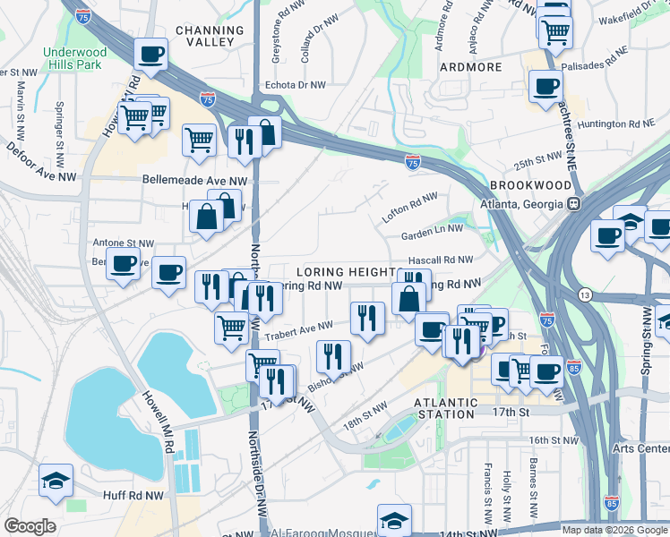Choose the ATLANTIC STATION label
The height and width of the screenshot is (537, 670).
click(x=445, y=408)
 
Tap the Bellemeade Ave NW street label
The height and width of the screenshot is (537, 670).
click(x=194, y=180)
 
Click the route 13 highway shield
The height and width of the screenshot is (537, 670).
click(x=585, y=294)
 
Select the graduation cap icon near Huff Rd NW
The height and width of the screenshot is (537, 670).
click(x=56, y=482)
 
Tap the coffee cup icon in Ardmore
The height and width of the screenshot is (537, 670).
click(x=545, y=88)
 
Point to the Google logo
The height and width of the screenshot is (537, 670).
click(x=30, y=526)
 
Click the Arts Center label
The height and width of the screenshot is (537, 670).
click(x=640, y=447)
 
